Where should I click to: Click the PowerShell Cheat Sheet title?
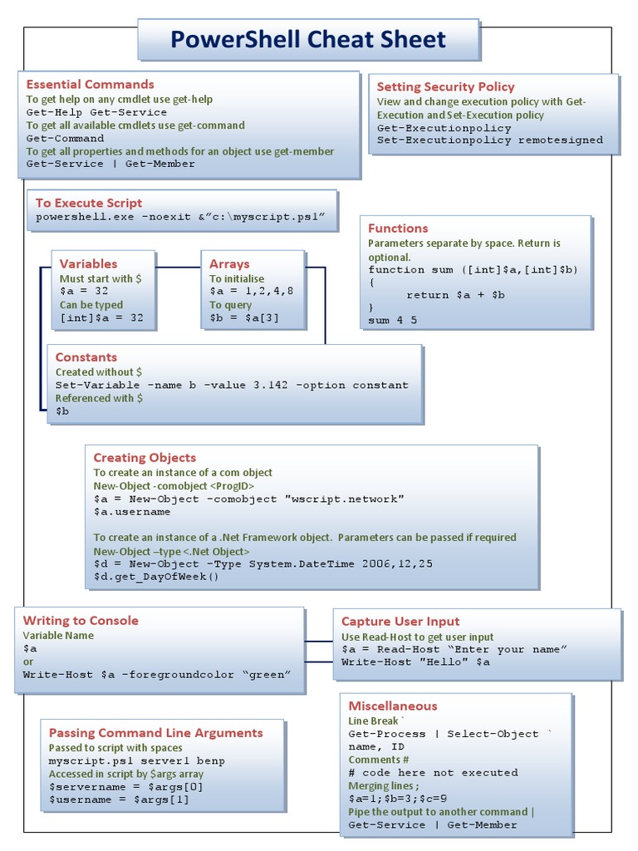coord(308,39)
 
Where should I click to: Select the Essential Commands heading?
coord(90,84)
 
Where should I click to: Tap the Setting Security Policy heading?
coord(445,86)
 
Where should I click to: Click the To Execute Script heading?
coord(89,203)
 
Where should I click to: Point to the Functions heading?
coord(398,228)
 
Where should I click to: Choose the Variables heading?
coord(88,263)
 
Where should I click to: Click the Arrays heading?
coord(229,263)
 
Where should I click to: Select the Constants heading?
coord(86,357)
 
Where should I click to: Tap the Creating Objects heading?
coord(145,457)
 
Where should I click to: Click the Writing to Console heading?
coord(81,620)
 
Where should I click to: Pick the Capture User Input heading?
coord(400,621)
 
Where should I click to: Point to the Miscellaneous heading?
coord(392,706)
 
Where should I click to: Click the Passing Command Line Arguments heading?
coord(156,732)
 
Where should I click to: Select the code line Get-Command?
coord(66,138)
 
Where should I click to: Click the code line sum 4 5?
coord(393,319)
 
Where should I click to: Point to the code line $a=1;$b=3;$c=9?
coord(398,798)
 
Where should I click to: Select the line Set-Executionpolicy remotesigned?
coord(490,140)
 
